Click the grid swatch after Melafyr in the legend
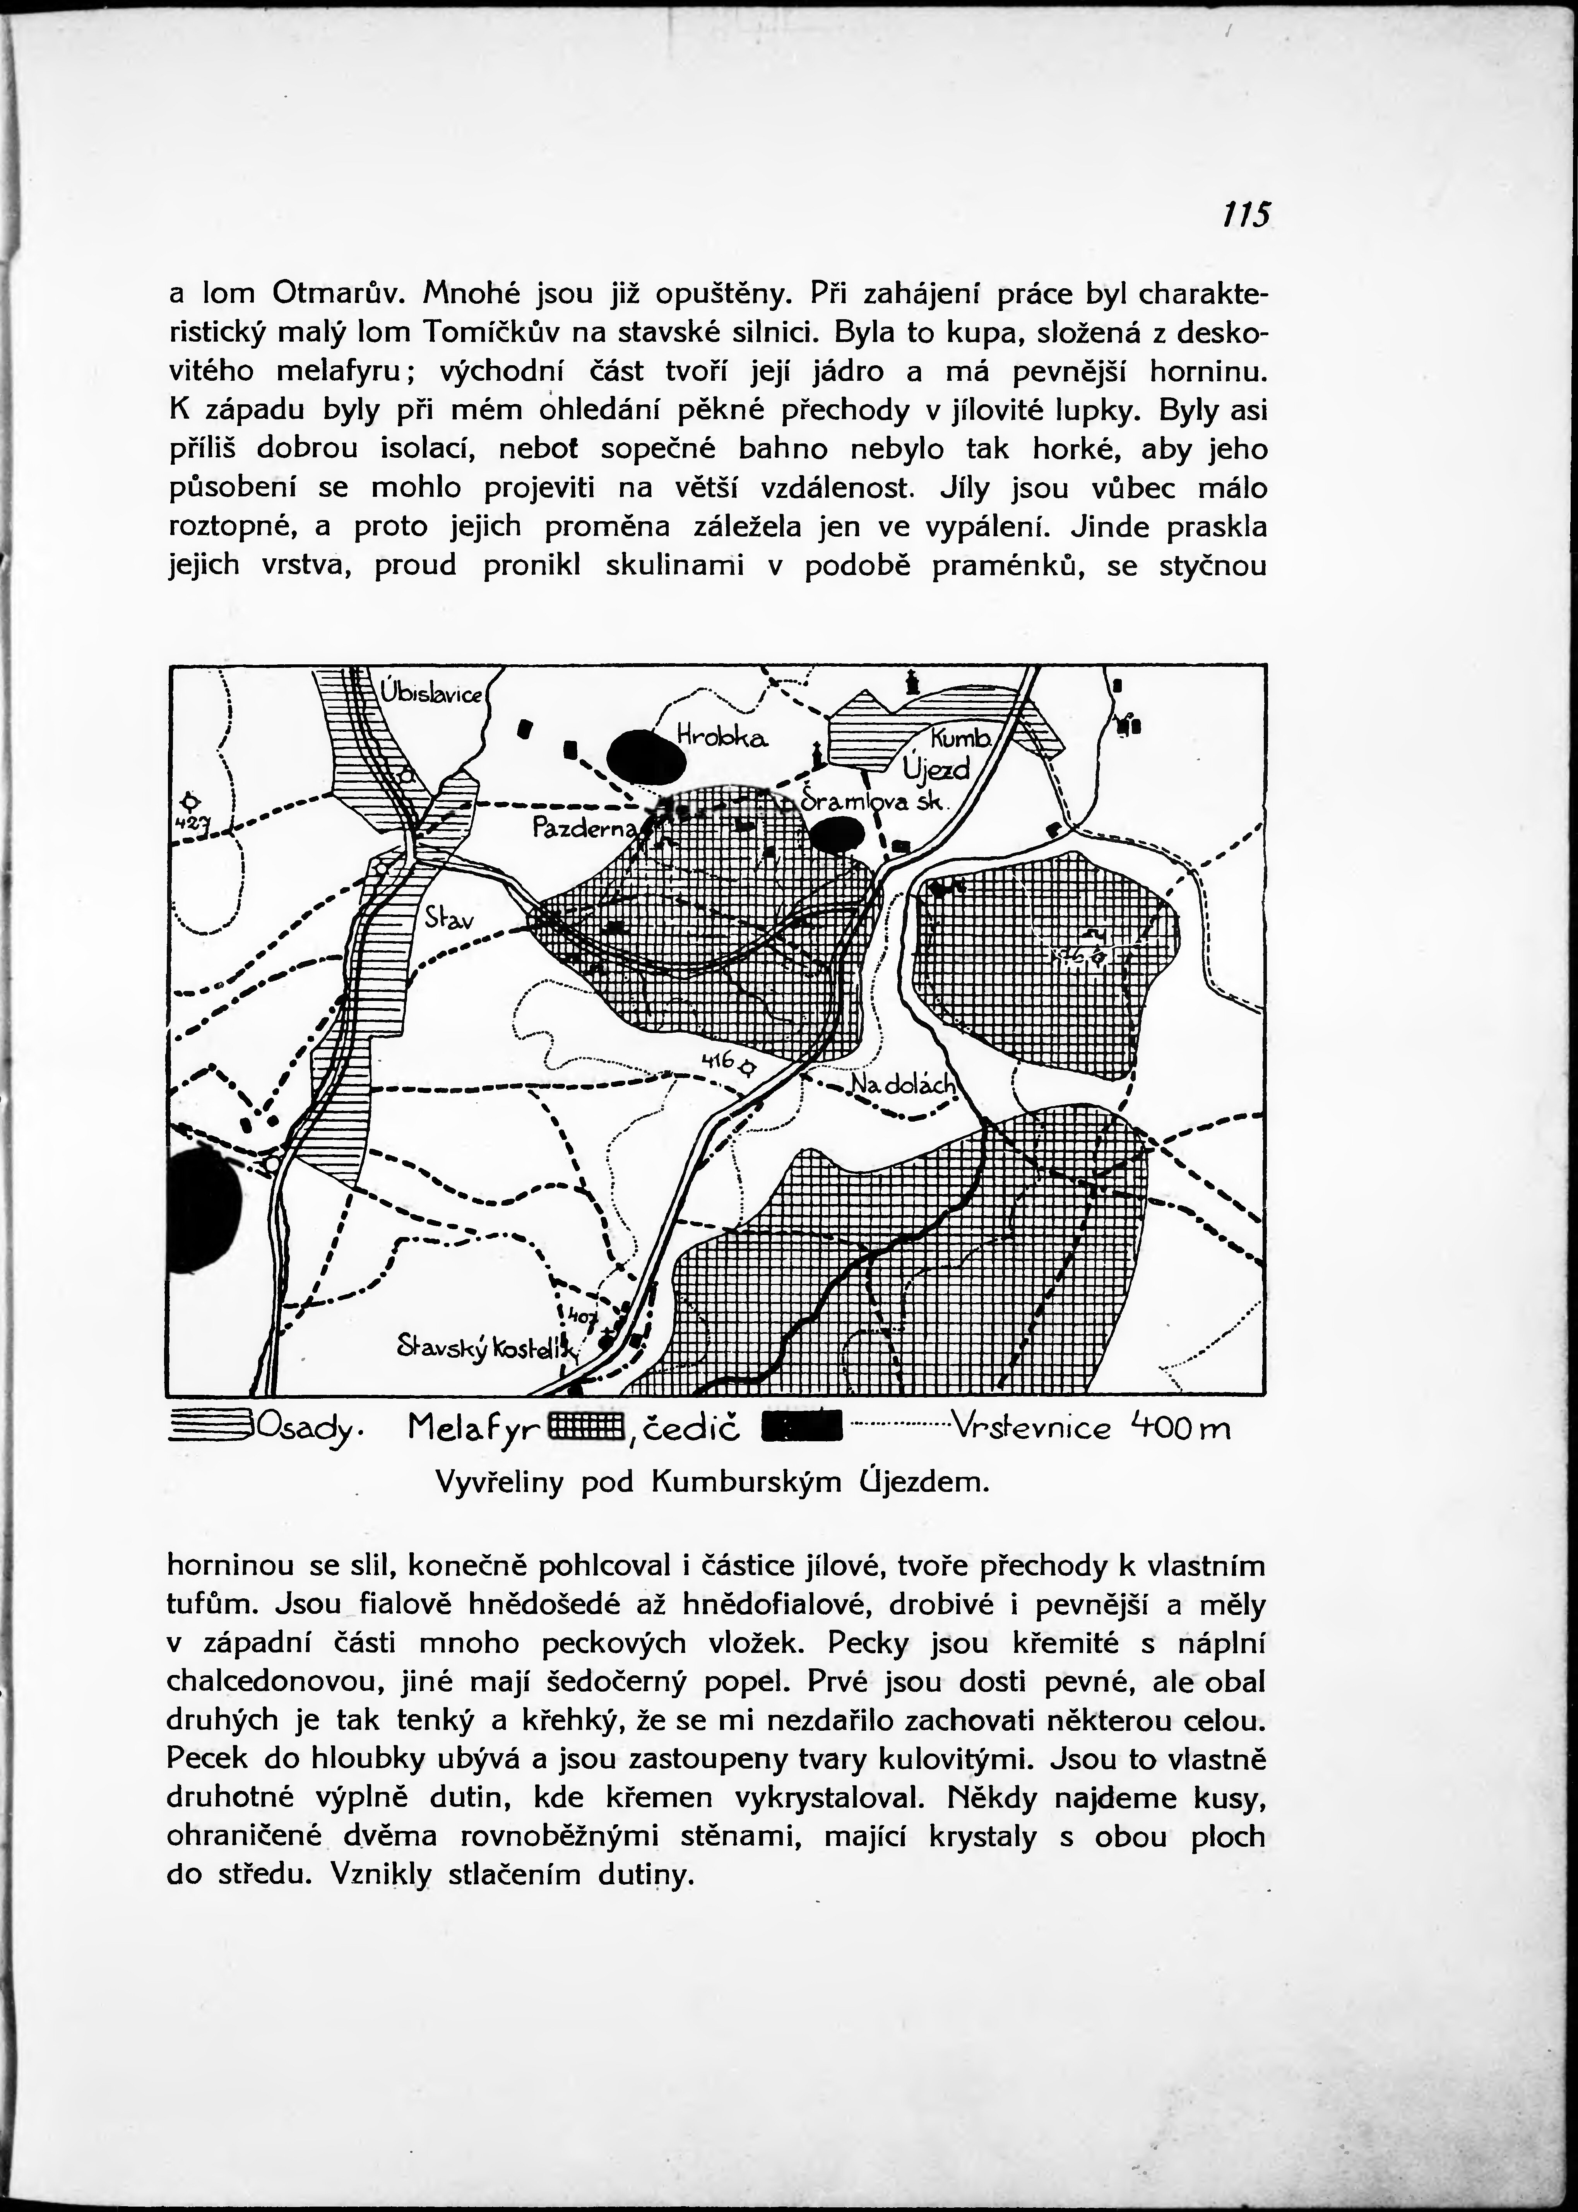(x=584, y=1426)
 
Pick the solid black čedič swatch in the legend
(x=803, y=1427)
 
